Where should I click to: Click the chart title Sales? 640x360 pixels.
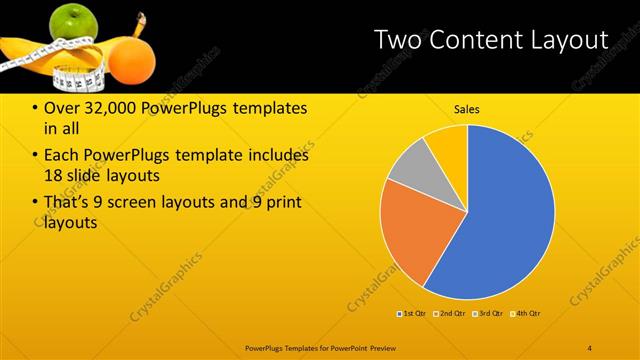click(x=467, y=109)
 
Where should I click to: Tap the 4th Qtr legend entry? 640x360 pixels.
click(x=527, y=314)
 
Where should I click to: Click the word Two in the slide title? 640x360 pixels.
click(x=397, y=40)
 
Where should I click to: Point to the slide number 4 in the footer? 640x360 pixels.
click(x=590, y=347)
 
